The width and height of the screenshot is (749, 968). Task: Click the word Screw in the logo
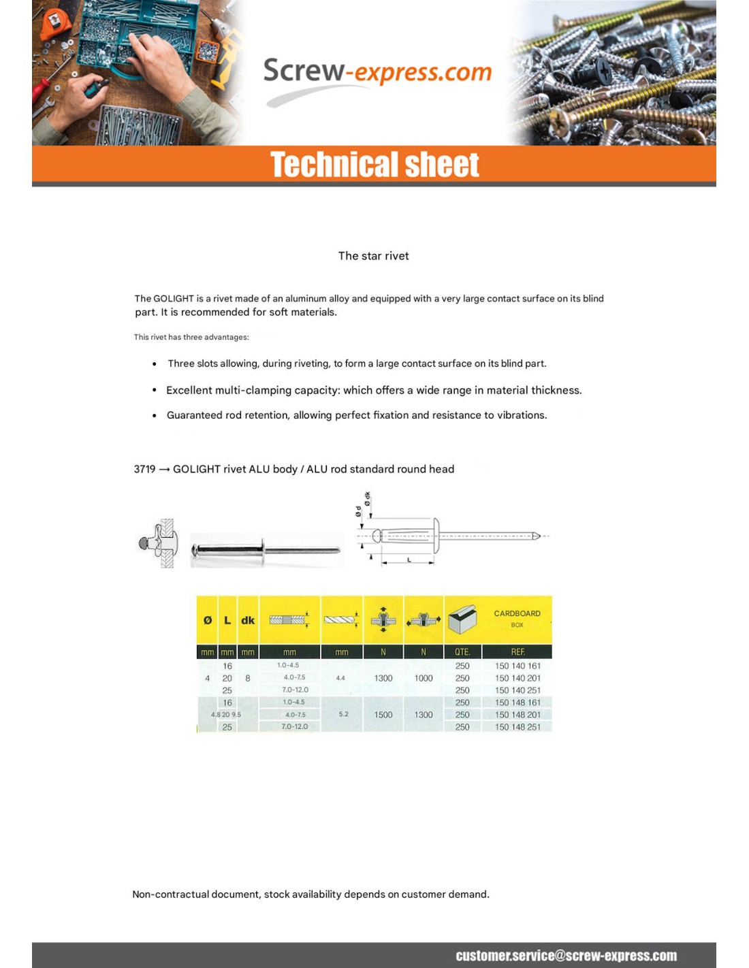pyautogui.click(x=304, y=71)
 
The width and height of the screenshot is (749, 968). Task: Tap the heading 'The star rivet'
pyautogui.click(x=373, y=256)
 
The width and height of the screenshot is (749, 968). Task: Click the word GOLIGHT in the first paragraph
pyautogui.click(x=174, y=298)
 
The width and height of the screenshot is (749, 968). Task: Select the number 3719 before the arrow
pyautogui.click(x=144, y=469)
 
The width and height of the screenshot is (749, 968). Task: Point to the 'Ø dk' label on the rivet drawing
pyautogui.click(x=368, y=498)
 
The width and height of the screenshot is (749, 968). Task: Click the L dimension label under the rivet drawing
pyautogui.click(x=409, y=560)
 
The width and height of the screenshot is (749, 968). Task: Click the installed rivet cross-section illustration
pyautogui.click(x=159, y=543)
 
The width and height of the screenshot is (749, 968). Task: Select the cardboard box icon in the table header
pyautogui.click(x=462, y=619)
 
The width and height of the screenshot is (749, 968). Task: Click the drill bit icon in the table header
pyautogui.click(x=340, y=619)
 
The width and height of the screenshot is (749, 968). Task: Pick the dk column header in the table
pyautogui.click(x=248, y=620)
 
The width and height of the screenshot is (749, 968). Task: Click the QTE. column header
pyautogui.click(x=462, y=652)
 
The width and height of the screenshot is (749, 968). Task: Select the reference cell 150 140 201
pyautogui.click(x=517, y=678)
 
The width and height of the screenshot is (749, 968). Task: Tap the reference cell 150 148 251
pyautogui.click(x=517, y=727)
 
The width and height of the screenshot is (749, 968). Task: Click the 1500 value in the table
pyautogui.click(x=383, y=715)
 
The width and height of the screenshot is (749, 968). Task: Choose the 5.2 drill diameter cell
pyautogui.click(x=343, y=714)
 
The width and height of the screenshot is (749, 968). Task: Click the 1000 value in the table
pyautogui.click(x=424, y=678)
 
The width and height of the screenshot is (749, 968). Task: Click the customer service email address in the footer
pyautogui.click(x=566, y=956)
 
